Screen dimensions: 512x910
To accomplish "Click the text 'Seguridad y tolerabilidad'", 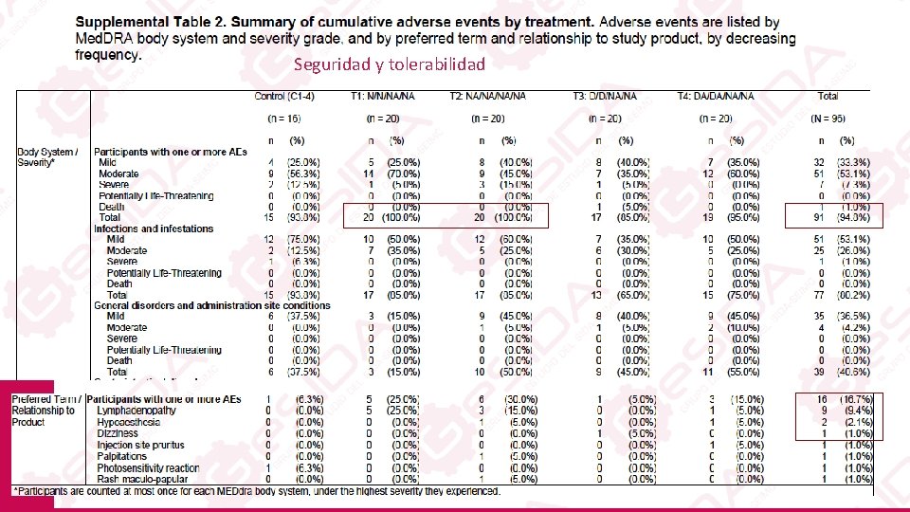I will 389,64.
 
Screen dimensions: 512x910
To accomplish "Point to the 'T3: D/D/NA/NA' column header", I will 611,96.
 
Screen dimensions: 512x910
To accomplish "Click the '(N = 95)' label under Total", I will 830,118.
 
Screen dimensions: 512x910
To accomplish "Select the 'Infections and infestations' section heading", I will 155,229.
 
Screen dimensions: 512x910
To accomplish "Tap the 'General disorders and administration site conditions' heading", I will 212,305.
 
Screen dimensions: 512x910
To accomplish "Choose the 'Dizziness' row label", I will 117,433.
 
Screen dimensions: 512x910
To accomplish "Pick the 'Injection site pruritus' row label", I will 141,445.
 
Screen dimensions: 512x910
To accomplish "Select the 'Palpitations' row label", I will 122,456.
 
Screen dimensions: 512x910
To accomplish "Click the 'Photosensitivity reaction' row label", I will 148,467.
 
